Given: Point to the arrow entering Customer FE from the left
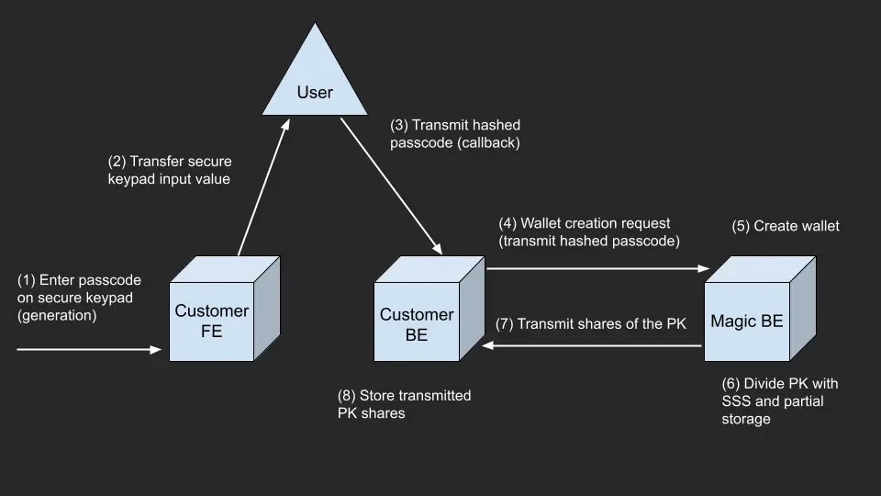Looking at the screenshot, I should point(87,350).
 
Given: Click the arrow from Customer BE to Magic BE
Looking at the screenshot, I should point(597,269).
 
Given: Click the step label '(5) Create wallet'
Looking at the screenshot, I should point(786,226).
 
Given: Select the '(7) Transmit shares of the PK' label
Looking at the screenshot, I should point(591,323).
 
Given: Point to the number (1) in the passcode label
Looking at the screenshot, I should point(27,280).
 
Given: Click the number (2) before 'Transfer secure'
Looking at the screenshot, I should point(117,162).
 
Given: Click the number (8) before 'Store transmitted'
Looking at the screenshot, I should point(347,396).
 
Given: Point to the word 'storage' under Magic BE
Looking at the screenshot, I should point(746,420).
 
